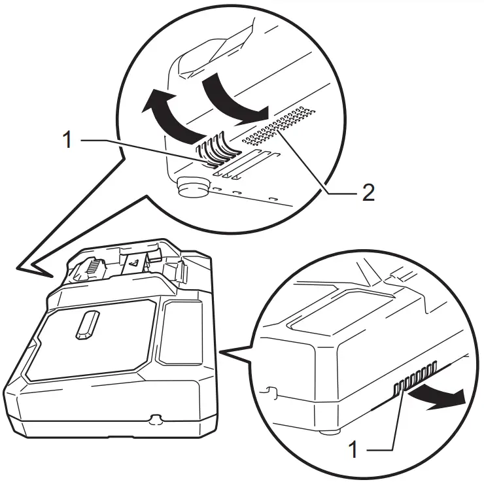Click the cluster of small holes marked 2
point(278,127)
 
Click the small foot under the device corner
point(328,431)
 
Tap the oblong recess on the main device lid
point(86,325)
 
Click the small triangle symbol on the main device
point(132,265)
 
